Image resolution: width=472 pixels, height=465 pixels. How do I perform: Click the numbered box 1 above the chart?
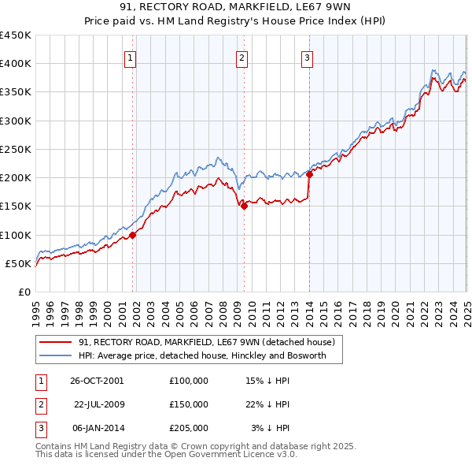(x=130, y=57)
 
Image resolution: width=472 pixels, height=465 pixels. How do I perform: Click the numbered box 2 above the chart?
(x=242, y=57)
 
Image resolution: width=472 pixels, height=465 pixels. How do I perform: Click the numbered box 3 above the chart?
(x=306, y=57)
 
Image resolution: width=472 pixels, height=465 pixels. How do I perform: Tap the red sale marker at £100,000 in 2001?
(x=132, y=235)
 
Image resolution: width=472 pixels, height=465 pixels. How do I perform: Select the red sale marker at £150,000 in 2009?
(x=244, y=206)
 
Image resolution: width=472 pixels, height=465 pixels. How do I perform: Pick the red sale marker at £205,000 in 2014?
(x=309, y=175)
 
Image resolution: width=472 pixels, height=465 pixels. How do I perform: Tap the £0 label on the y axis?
(x=24, y=292)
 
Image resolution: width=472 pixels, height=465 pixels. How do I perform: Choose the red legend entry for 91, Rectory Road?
(x=207, y=342)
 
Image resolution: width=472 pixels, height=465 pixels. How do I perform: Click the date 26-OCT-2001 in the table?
(x=97, y=380)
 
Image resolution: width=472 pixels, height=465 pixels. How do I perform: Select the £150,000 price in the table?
(x=189, y=404)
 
